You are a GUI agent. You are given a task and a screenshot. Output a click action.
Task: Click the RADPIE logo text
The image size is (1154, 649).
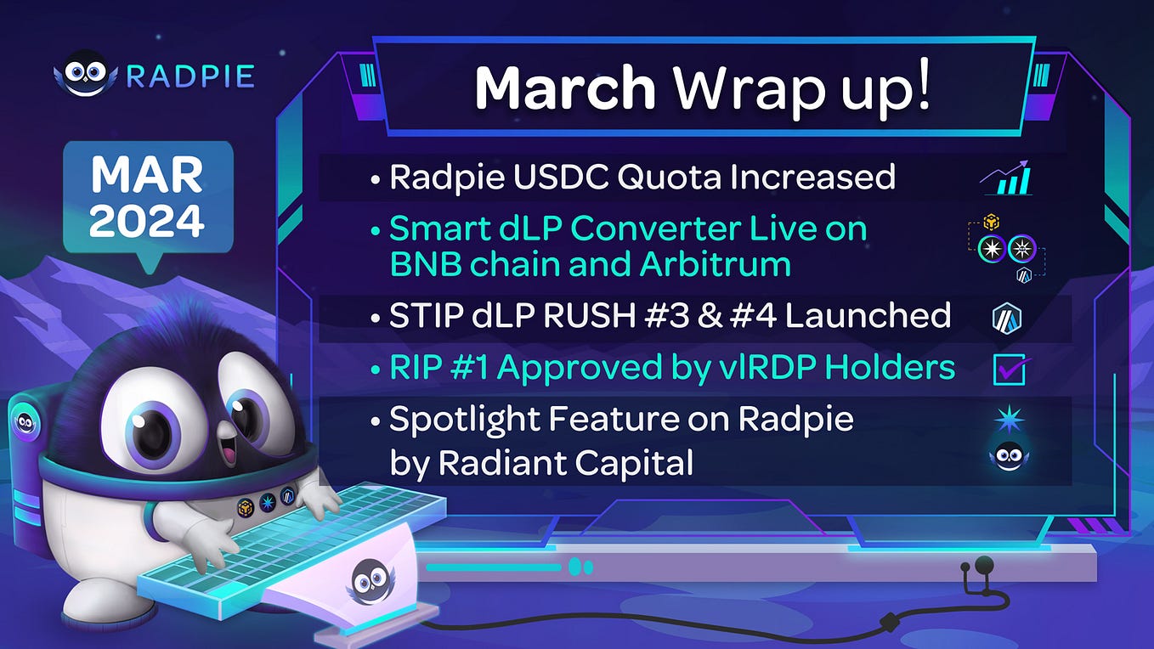click(x=190, y=76)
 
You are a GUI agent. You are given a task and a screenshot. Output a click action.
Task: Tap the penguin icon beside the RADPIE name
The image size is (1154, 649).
click(x=85, y=75)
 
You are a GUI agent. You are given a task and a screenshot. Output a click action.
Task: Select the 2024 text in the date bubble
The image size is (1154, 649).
click(x=147, y=221)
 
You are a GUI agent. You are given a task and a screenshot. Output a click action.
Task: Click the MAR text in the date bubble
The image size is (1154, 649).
click(x=147, y=175)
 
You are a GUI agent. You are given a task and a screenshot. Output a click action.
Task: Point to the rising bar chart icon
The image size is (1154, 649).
click(x=1007, y=178)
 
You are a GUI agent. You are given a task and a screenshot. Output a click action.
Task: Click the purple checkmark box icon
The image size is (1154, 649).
click(x=1010, y=370)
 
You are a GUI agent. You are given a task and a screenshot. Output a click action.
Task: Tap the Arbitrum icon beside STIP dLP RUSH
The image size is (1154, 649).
click(x=1007, y=319)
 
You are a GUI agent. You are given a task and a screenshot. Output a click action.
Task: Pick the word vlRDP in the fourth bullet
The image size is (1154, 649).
click(x=802, y=368)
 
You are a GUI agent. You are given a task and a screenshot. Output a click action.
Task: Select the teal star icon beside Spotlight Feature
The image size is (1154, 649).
click(x=1010, y=420)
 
